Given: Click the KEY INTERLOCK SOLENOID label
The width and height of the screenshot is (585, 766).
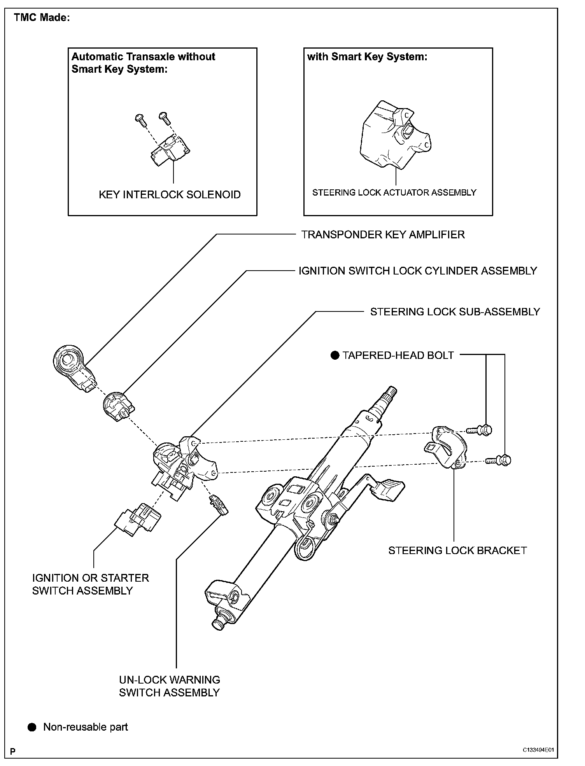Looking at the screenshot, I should coord(170,195).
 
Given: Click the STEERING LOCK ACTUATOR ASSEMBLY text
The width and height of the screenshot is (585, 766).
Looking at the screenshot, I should coord(394,192).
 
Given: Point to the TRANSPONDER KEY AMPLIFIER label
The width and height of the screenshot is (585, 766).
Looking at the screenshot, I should coord(383,235).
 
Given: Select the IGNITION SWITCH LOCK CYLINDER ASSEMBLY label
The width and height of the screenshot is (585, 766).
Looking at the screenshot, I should coord(417,271).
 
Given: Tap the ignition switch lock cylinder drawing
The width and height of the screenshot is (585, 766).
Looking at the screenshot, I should coord(117,407).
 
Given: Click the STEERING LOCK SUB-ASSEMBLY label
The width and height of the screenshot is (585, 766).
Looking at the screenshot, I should coord(455,312).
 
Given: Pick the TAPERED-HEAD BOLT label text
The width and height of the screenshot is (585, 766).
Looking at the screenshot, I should coord(398,355).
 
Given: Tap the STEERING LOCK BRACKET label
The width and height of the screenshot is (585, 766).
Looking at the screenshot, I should coord(457,551).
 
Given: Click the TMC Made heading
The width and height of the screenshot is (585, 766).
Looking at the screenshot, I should coord(42,18).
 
